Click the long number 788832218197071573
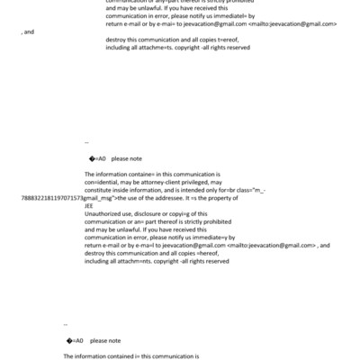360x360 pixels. (51, 197)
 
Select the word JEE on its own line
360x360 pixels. (88, 205)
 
